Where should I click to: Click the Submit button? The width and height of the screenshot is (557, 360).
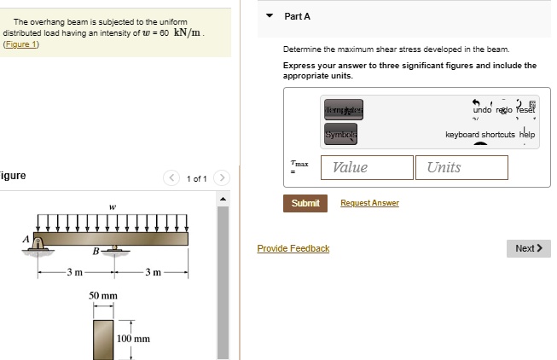point(305,203)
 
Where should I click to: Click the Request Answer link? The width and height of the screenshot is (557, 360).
point(369,203)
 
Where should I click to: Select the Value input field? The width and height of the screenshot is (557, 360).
point(367,167)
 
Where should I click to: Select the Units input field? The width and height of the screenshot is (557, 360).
point(461,167)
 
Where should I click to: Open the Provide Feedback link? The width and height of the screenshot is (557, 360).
point(293,248)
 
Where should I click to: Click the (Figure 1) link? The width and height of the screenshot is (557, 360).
point(20,44)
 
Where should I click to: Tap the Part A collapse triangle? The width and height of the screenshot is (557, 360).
point(270,16)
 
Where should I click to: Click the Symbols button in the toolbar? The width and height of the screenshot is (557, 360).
point(341,136)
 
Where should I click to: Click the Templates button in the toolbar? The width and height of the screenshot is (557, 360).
point(343,111)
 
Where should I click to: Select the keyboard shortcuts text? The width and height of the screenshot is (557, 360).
point(479,135)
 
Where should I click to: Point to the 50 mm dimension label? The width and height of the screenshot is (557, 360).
point(103,295)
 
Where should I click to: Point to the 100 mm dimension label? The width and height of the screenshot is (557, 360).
point(134,339)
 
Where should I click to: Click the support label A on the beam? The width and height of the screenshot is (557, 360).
point(26,238)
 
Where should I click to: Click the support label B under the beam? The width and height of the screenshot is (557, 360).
point(96,250)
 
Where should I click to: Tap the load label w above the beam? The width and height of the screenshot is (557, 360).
point(111,206)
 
